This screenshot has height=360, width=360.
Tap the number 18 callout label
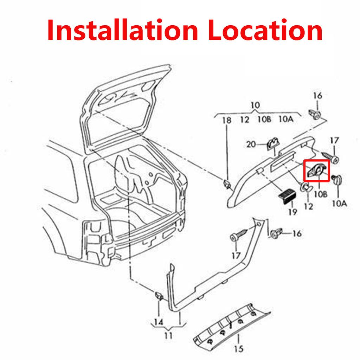click(x=227, y=120)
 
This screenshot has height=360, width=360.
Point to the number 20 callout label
click(x=251, y=144)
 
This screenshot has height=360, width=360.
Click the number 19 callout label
click(x=292, y=212)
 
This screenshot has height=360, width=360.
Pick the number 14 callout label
click(x=159, y=322)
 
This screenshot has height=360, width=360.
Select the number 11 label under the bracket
click(x=168, y=335)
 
